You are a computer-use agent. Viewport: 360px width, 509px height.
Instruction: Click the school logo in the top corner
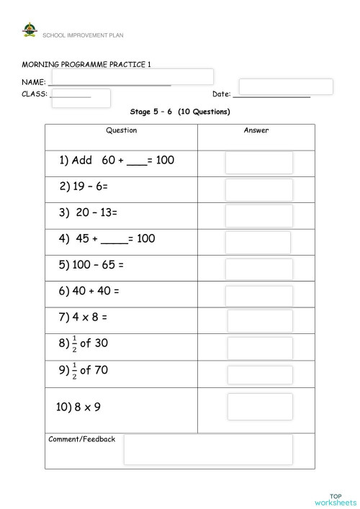(x=29, y=31)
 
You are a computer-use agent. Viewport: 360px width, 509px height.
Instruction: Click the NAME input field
(x=132, y=76)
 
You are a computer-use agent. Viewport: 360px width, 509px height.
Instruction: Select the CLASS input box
(x=81, y=98)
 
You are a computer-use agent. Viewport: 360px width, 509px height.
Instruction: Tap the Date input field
(x=286, y=86)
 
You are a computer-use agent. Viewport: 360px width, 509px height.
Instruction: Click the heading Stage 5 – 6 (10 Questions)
(x=180, y=112)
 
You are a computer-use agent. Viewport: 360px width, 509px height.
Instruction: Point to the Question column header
(x=121, y=130)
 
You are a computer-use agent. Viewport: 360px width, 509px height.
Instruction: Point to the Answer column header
(x=256, y=130)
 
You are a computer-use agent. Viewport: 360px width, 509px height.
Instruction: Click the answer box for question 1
(x=259, y=162)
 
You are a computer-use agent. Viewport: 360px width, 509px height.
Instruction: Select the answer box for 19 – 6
(x=259, y=190)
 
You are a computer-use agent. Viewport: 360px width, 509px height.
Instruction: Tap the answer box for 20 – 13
(x=259, y=216)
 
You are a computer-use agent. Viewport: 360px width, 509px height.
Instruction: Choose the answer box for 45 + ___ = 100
(x=258, y=243)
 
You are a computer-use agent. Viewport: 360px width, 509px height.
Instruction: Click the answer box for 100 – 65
(x=259, y=269)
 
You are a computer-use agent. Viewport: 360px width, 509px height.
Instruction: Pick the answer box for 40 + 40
(x=259, y=296)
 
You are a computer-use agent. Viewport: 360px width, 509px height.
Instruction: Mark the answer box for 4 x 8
(x=260, y=321)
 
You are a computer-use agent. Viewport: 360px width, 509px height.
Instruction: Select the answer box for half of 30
(x=260, y=348)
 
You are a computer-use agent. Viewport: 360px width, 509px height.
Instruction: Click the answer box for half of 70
(x=260, y=375)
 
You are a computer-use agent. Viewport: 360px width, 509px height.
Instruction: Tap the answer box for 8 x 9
(x=260, y=407)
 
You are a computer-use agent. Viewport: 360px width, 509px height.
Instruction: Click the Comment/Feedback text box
(x=208, y=449)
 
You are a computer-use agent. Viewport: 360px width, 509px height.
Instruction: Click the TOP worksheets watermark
(x=335, y=498)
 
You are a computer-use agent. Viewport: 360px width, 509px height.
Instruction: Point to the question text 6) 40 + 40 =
(x=89, y=291)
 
